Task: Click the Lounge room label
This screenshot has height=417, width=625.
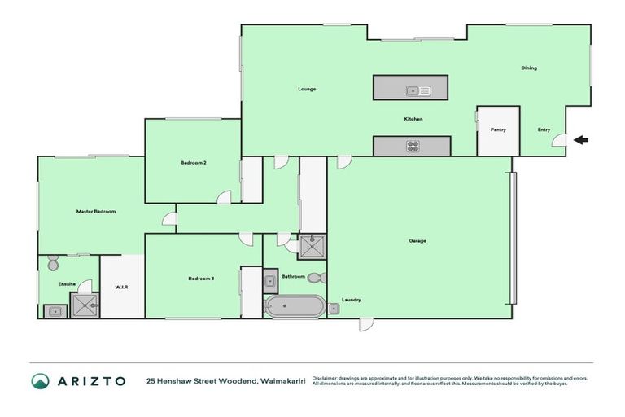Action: [307, 89]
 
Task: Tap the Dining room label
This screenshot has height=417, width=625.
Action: [529, 68]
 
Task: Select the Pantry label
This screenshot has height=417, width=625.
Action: [498, 129]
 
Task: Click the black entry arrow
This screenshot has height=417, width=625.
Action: [581, 140]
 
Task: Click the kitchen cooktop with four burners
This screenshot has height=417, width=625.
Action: [413, 147]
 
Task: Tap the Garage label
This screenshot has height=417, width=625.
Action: [417, 240]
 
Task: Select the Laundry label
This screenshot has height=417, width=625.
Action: [352, 300]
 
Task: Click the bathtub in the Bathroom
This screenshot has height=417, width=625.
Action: [294, 308]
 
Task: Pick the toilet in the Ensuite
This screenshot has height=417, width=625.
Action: [53, 263]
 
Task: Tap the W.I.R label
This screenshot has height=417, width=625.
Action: [122, 286]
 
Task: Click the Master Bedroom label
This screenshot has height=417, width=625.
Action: [96, 211]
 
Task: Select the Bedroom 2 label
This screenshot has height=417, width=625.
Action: [193, 163]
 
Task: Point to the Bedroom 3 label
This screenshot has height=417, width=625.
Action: [200, 279]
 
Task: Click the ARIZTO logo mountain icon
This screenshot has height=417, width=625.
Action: [40, 380]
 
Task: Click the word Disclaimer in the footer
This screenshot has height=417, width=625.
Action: [326, 378]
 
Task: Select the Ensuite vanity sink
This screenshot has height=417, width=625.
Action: [54, 309]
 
